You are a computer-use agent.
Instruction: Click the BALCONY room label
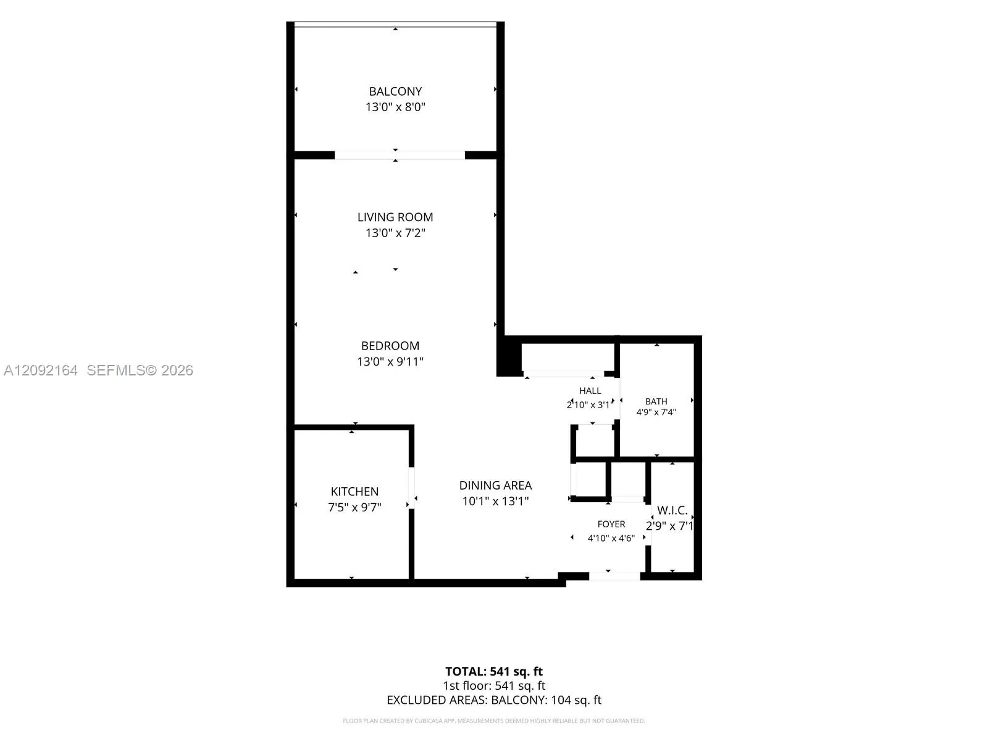(x=395, y=91)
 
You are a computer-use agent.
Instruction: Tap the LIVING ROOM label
(x=395, y=217)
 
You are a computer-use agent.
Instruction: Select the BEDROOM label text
(x=390, y=346)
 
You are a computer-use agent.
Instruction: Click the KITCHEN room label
(x=354, y=492)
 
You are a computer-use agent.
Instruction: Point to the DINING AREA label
(x=496, y=485)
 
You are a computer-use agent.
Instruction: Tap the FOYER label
(x=611, y=524)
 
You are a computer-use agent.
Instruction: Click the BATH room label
(x=656, y=401)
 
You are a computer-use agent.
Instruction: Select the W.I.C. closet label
(x=672, y=510)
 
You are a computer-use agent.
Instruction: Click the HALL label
(x=590, y=391)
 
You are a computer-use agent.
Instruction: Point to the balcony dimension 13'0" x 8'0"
(x=395, y=107)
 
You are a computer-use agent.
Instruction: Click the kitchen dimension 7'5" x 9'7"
(x=354, y=508)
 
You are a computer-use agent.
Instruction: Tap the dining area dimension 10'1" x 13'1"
(x=496, y=501)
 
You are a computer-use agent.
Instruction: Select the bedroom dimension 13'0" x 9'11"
(x=390, y=362)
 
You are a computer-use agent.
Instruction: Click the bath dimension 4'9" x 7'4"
(x=656, y=412)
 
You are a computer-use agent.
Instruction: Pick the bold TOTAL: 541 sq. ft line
(x=494, y=672)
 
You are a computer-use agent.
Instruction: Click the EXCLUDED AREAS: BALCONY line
(x=494, y=700)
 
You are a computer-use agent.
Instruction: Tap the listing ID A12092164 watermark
(x=41, y=371)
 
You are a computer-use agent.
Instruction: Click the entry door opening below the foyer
(x=614, y=576)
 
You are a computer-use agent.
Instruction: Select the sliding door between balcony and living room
(x=400, y=155)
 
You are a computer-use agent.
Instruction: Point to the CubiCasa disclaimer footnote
(x=494, y=721)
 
